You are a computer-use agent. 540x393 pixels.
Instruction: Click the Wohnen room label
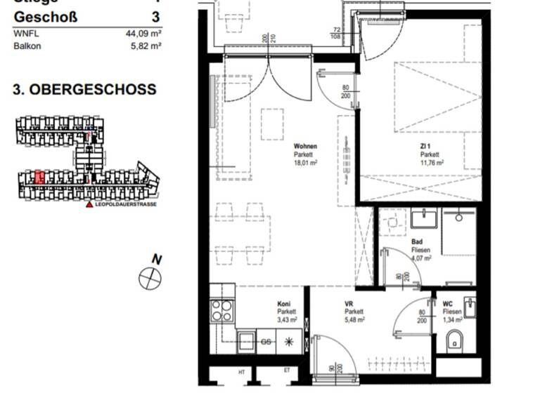[304, 147]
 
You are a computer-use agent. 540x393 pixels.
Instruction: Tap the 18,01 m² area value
[306, 162]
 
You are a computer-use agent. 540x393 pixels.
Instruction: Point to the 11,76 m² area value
[432, 162]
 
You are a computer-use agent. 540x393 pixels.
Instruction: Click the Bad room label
[417, 242]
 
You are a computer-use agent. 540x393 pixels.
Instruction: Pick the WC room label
[448, 304]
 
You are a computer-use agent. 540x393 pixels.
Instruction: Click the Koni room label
[284, 304]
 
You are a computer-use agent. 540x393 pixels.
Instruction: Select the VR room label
[348, 304]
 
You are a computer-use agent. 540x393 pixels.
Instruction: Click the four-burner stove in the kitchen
[223, 310]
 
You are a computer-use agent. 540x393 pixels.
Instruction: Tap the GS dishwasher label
[266, 342]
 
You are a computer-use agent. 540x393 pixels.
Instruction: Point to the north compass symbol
[150, 277]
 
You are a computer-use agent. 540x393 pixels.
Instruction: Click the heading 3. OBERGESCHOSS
[84, 91]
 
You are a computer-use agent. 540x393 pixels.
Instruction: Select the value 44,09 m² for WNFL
[144, 32]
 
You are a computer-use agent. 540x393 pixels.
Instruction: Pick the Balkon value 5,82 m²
[147, 46]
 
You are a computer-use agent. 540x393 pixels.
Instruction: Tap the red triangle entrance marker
[89, 204]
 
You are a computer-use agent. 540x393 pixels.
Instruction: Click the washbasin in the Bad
[426, 220]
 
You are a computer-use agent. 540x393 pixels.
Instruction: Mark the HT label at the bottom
[240, 371]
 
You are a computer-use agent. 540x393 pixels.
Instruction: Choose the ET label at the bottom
[286, 371]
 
